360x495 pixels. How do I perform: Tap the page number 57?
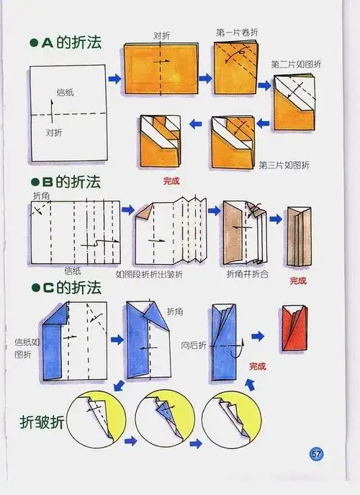pos(316,454)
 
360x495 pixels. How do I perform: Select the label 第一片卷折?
pos(235,33)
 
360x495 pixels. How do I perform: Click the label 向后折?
pos(193,344)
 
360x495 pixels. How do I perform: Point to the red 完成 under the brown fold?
pos(298,281)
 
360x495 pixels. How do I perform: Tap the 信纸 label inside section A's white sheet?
pos(65,92)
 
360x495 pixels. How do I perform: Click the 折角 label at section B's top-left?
pos(42,195)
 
